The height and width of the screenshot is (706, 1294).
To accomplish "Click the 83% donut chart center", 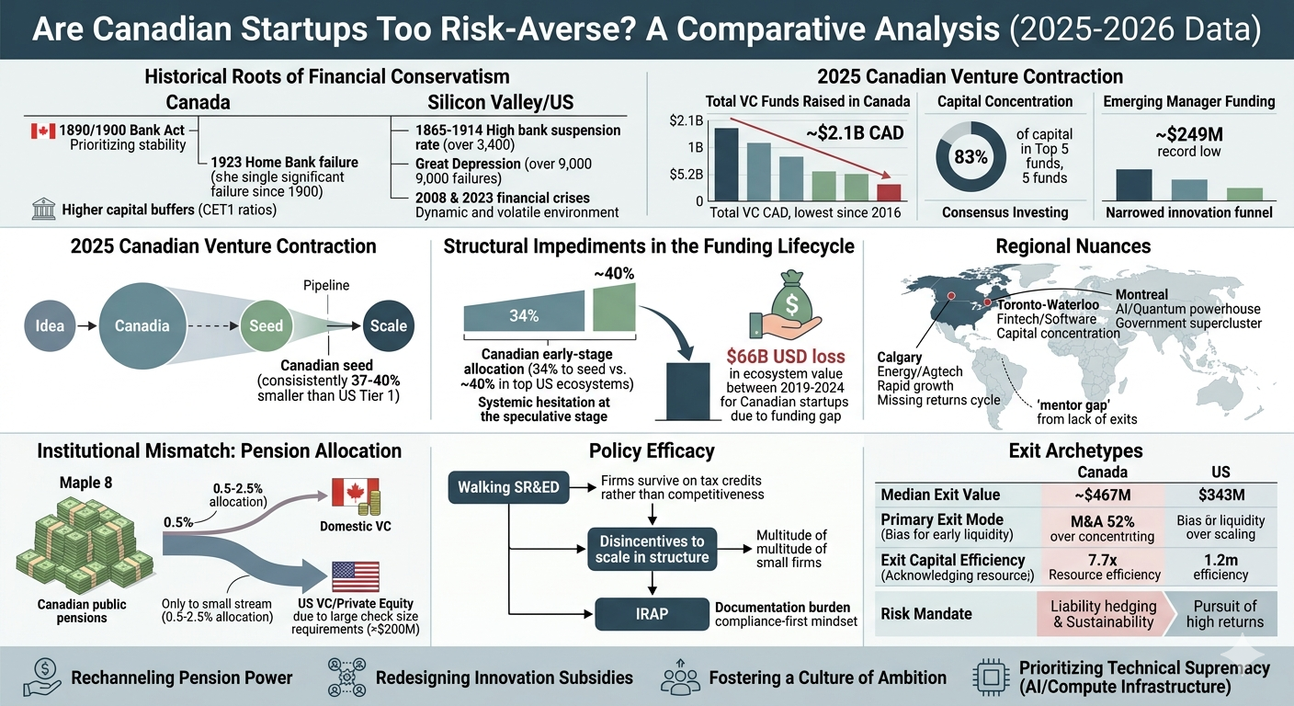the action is pos(970,156).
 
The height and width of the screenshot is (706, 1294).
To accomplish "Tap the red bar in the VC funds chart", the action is pos(889,192).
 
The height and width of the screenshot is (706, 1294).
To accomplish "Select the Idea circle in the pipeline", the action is pos(50,325).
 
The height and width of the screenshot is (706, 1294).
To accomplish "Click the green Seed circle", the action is pos(267,325).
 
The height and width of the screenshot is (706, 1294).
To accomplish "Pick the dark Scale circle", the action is pos(388,325).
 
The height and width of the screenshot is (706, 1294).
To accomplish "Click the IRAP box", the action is pos(652,613).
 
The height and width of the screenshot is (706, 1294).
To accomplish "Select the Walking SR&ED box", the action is pos(508,487).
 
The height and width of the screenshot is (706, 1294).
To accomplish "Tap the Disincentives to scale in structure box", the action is pos(652,549).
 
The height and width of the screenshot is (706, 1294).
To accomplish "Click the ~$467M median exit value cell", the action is pos(1102,495).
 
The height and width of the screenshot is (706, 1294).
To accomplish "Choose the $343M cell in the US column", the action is pos(1220,495).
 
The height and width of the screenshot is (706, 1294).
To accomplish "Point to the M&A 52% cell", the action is pos(1102,528).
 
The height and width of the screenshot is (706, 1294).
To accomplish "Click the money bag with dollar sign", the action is pos(790,301).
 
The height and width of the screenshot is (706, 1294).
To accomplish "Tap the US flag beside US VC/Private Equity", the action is pos(356,577).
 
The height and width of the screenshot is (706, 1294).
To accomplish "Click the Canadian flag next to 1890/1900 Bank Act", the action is pos(43,131).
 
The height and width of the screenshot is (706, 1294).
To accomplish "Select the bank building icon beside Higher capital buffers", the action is pos(44,210).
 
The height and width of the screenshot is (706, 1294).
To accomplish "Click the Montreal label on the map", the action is pos(1141,295).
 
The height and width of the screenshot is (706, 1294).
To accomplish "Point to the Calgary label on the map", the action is pos(900,357).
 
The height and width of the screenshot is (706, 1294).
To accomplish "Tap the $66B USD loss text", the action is pos(786,356).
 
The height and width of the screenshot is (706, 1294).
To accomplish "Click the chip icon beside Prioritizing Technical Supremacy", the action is pos(991,678).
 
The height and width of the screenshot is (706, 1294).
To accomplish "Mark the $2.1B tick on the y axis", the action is pos(687,120).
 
